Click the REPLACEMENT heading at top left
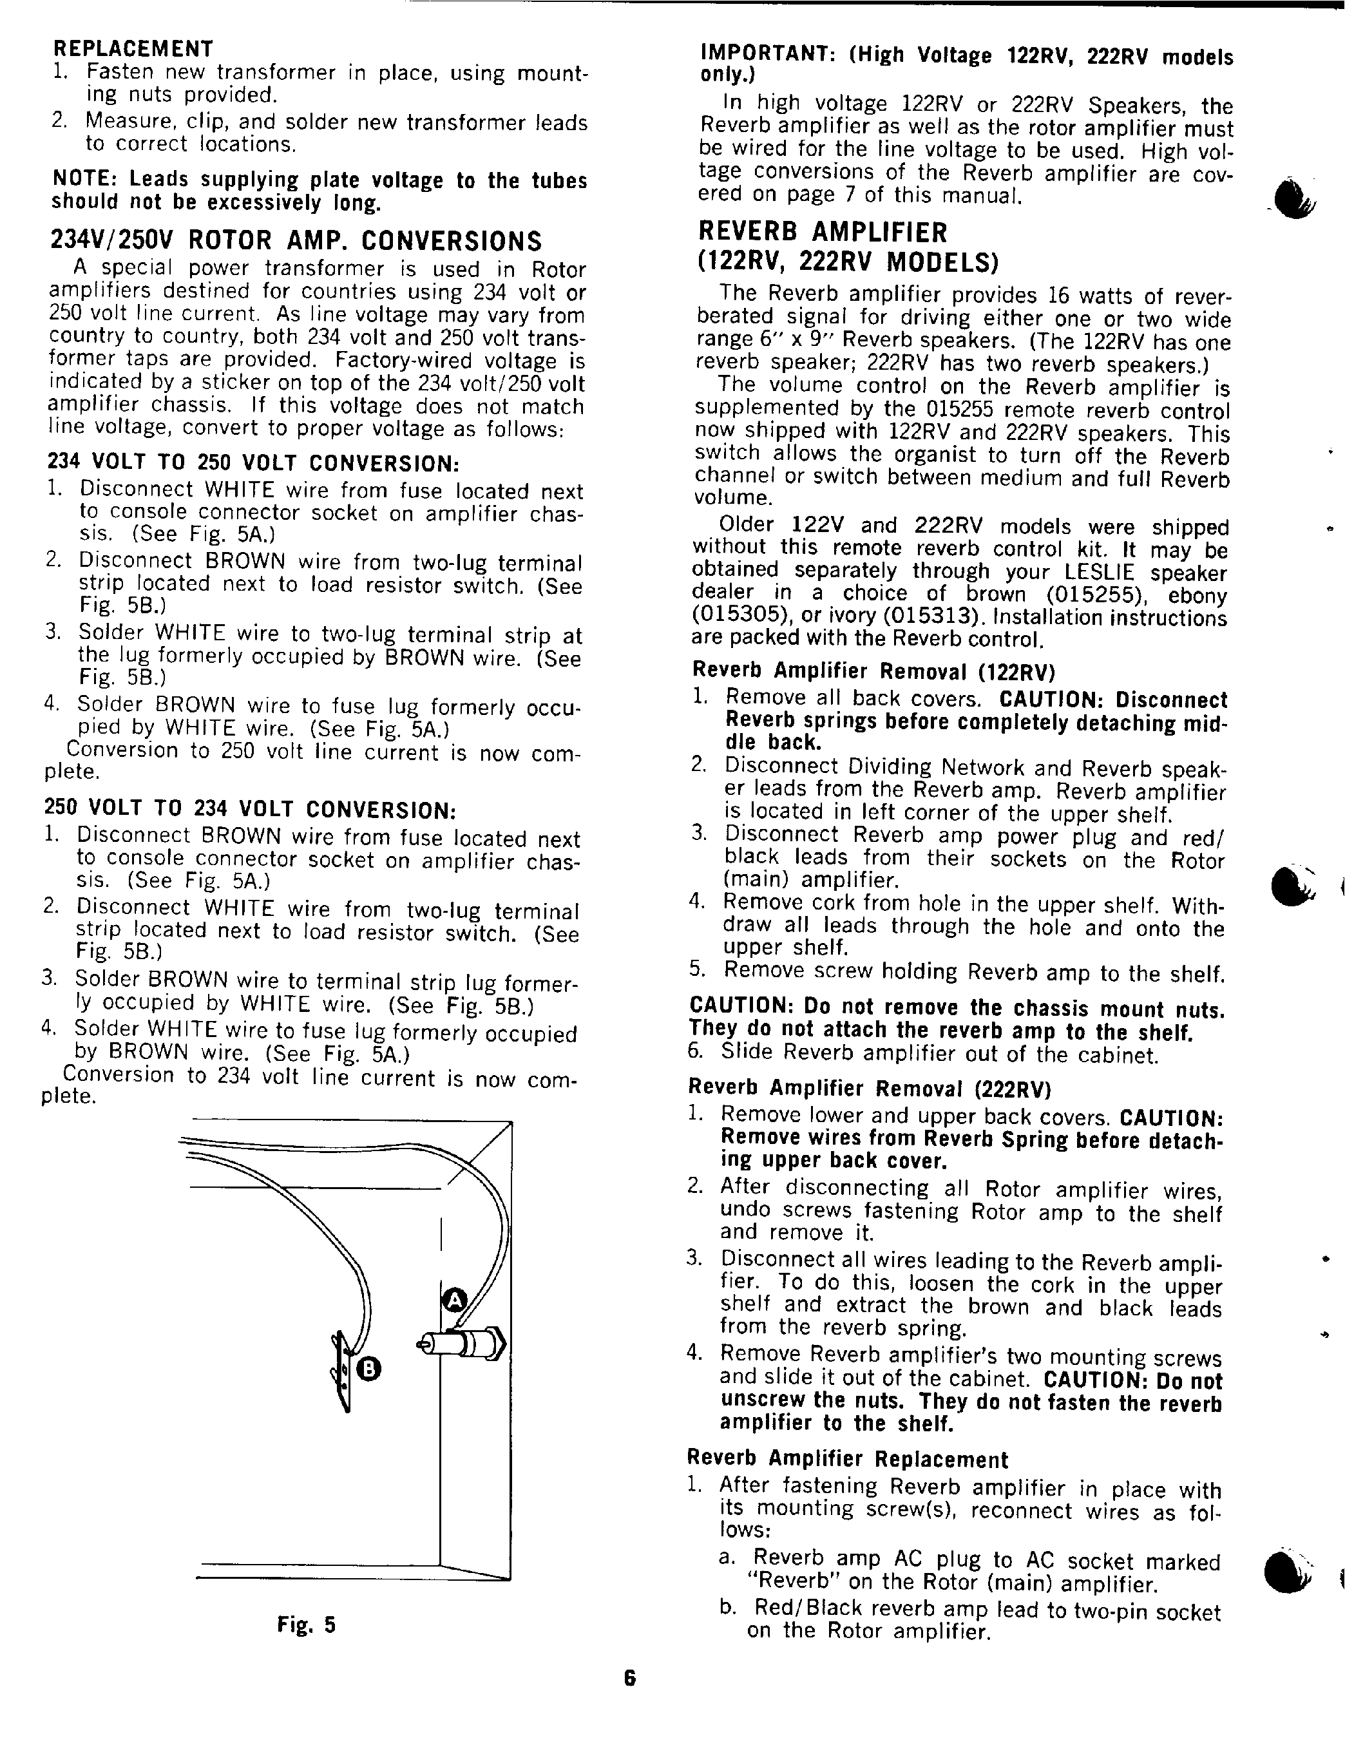tap(132, 49)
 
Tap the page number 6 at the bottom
tap(629, 1678)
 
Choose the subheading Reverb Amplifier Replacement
tap(848, 1460)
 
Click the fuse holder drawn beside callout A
tap(462, 1342)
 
